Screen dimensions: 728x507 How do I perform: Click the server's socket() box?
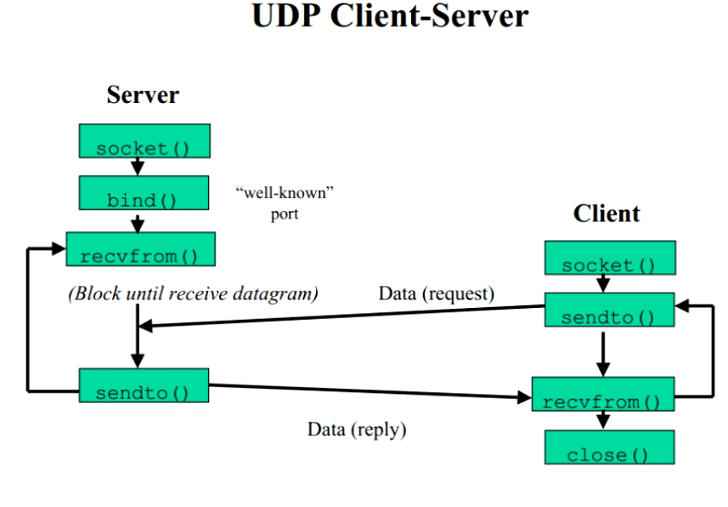144,141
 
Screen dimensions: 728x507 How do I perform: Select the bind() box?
144,192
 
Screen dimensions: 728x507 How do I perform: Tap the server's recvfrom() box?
141,249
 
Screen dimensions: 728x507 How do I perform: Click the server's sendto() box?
144,385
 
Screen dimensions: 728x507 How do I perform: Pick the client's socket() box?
610,258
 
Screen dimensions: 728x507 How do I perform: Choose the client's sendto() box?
610,310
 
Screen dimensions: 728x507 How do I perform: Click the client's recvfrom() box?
603,394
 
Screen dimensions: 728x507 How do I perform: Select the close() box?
610,447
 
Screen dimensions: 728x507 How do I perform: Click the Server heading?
143,95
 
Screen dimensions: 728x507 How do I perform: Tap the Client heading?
607,214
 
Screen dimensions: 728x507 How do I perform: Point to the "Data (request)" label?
437,294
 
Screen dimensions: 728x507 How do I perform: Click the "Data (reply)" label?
357,430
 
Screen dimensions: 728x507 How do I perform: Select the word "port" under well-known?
285,214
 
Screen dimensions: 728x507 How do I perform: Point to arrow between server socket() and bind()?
138,167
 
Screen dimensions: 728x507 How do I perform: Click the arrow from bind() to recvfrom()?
138,224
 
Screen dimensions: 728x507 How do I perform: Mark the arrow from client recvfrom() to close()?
603,420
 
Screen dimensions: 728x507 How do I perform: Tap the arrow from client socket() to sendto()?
603,284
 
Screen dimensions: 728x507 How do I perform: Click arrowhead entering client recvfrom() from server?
525,397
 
